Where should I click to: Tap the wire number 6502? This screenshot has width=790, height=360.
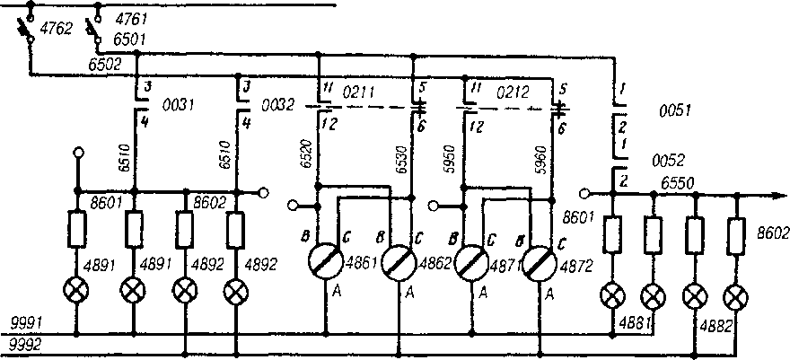point(105,66)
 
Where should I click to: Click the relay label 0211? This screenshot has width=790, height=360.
point(362,91)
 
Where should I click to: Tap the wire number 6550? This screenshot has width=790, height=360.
point(679,182)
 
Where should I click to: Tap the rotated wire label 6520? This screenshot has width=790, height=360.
point(307,161)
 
